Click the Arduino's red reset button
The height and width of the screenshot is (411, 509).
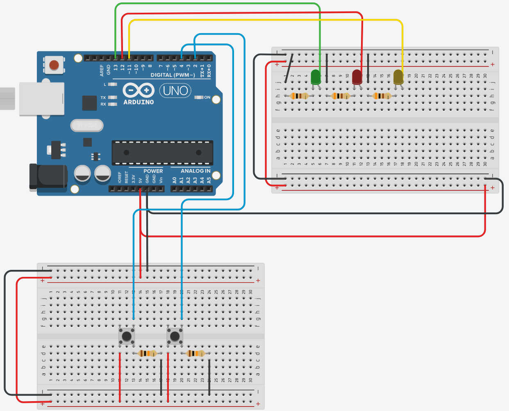tap(54, 65)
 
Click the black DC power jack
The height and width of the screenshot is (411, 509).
tap(48, 176)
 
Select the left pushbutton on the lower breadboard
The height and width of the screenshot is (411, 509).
tap(127, 336)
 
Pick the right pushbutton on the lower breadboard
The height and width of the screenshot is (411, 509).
tap(175, 336)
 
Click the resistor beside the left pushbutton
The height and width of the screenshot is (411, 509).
tap(148, 353)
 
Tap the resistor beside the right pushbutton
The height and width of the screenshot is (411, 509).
tap(195, 353)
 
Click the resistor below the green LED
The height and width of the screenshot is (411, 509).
tap(299, 96)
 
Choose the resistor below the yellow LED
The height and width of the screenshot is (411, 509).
tap(382, 96)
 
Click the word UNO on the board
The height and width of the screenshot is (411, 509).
tap(175, 91)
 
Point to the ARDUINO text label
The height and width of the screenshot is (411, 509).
tap(139, 102)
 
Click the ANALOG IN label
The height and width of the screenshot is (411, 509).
tap(195, 171)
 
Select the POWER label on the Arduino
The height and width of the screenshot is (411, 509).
tap(153, 171)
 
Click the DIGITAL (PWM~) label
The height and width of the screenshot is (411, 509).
tap(173, 75)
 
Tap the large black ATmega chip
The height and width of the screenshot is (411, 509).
tap(162, 153)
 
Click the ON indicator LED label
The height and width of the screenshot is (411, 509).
tap(207, 97)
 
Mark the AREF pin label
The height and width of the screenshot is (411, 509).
tap(102, 70)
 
